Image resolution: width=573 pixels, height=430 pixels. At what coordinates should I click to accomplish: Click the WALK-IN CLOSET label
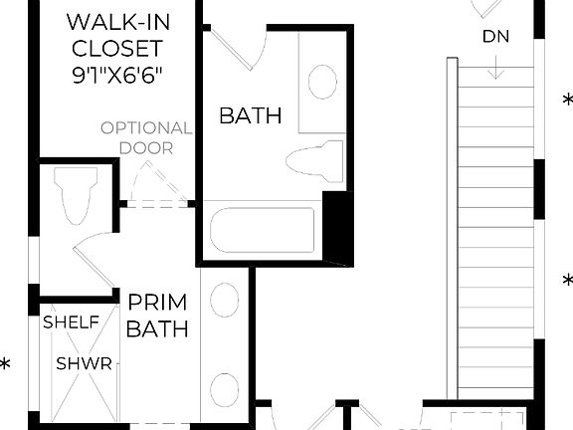coord(115,33)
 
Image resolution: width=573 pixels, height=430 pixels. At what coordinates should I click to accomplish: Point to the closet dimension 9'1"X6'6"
coord(115,74)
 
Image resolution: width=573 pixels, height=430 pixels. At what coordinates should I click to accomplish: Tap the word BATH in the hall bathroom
coord(250,115)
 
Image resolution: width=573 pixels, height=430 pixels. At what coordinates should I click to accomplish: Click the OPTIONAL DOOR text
coord(145,137)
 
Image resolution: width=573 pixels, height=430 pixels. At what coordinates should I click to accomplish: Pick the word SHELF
coord(71,322)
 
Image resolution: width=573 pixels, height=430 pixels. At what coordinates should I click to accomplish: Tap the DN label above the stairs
coord(496,38)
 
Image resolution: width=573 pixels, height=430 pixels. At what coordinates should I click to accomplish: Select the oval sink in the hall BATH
coord(322,82)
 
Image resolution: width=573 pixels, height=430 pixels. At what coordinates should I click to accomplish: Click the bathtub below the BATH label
coord(262,231)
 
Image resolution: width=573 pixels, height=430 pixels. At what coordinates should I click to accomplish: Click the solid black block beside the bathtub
coord(338,228)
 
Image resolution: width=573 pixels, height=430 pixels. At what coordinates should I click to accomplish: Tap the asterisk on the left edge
coord(5,365)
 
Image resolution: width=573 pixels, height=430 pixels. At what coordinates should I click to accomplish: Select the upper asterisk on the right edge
coord(568,101)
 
